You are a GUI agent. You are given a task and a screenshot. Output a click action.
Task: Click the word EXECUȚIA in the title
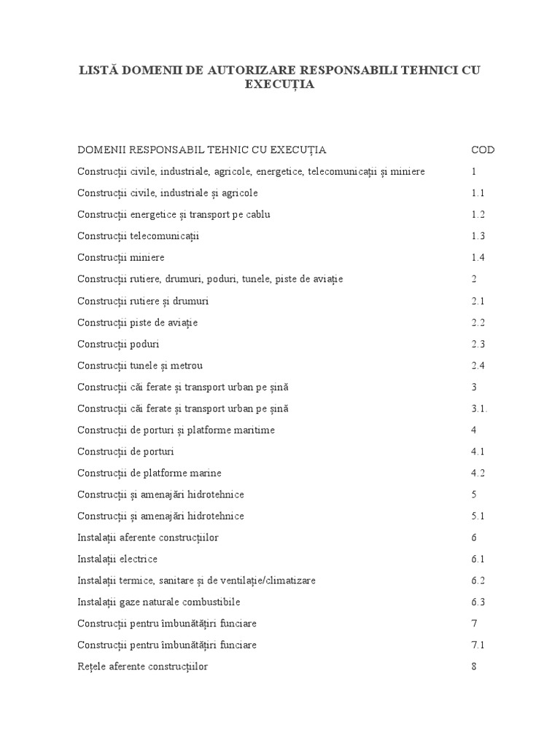click(x=279, y=85)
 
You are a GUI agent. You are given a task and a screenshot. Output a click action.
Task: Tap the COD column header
click(x=483, y=150)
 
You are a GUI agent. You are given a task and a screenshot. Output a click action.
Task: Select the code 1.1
click(x=478, y=193)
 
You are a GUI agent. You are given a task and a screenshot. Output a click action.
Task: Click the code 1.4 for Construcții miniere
click(x=478, y=258)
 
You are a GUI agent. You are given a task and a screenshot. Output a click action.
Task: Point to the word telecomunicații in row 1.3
click(x=166, y=236)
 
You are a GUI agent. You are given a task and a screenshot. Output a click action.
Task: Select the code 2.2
click(x=478, y=322)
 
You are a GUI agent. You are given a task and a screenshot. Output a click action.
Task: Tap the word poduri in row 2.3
click(x=146, y=344)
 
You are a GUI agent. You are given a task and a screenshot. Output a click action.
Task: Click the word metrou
click(x=187, y=365)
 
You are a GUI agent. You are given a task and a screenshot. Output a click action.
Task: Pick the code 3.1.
click(x=479, y=409)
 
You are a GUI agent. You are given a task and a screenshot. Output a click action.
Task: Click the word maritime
click(x=252, y=430)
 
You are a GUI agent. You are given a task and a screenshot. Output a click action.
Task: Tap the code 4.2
click(x=478, y=473)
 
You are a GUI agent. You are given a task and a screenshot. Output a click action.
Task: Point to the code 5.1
click(x=478, y=516)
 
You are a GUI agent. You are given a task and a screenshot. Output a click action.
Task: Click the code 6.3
click(x=478, y=602)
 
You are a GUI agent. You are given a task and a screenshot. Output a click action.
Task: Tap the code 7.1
click(x=478, y=645)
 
